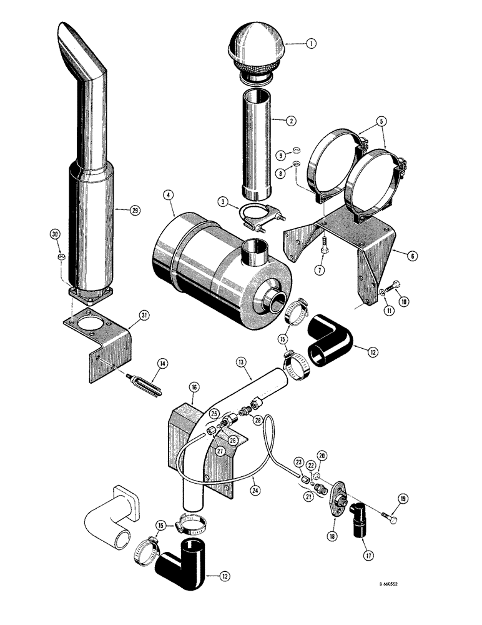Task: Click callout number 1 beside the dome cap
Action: pyautogui.click(x=311, y=44)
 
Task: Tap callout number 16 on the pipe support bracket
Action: pyautogui.click(x=194, y=387)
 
